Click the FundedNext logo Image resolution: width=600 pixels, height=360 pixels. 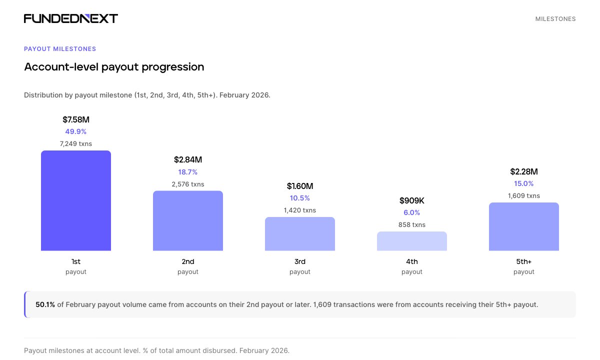[x=71, y=18]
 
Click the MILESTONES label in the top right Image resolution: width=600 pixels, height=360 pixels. [x=555, y=19]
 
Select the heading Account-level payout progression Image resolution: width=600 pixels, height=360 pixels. [x=114, y=67]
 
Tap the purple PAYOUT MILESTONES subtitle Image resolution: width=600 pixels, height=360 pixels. [x=60, y=49]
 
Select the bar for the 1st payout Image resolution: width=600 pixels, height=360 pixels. [x=76, y=200]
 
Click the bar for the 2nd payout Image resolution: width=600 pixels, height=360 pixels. [x=188, y=220]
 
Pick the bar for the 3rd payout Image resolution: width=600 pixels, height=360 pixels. [x=300, y=233]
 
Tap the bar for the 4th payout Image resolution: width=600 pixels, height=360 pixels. [x=412, y=241]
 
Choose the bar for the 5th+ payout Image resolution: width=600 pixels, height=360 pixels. [x=524, y=226]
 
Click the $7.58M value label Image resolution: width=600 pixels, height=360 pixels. [x=76, y=119]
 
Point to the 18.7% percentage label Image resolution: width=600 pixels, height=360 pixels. [x=188, y=172]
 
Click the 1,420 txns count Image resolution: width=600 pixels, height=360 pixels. [x=300, y=210]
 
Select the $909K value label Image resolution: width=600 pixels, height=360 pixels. [x=412, y=200]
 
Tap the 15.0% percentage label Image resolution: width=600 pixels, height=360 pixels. [x=524, y=183]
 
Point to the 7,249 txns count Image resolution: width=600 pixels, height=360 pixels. [x=76, y=143]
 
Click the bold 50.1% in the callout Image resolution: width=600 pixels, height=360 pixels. [x=45, y=304]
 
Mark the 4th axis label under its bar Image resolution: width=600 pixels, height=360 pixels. [x=412, y=261]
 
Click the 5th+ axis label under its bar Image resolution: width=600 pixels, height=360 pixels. [x=524, y=261]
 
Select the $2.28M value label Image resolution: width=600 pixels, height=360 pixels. [x=524, y=171]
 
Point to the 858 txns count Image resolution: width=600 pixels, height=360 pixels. [x=412, y=224]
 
